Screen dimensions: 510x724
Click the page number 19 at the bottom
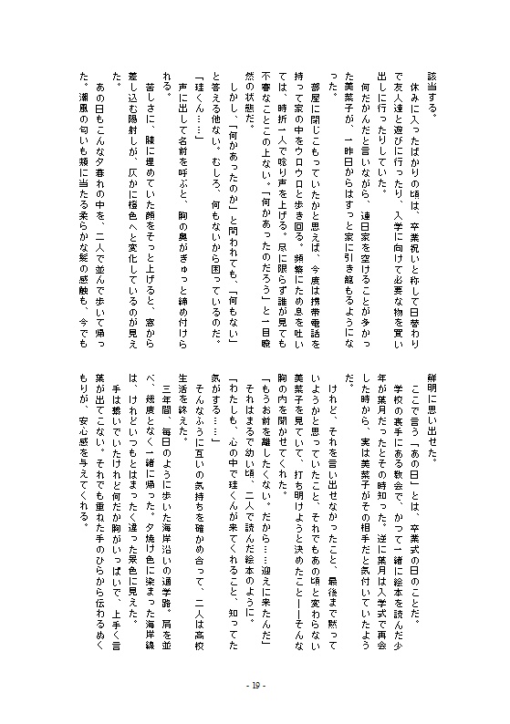pyautogui.click(x=255, y=687)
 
